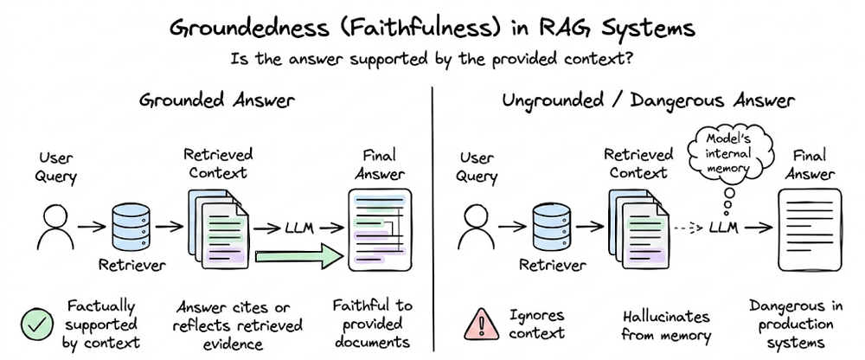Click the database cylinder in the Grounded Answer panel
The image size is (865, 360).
[131, 227]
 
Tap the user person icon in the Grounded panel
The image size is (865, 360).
[54, 227]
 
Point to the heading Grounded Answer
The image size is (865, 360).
[216, 100]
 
